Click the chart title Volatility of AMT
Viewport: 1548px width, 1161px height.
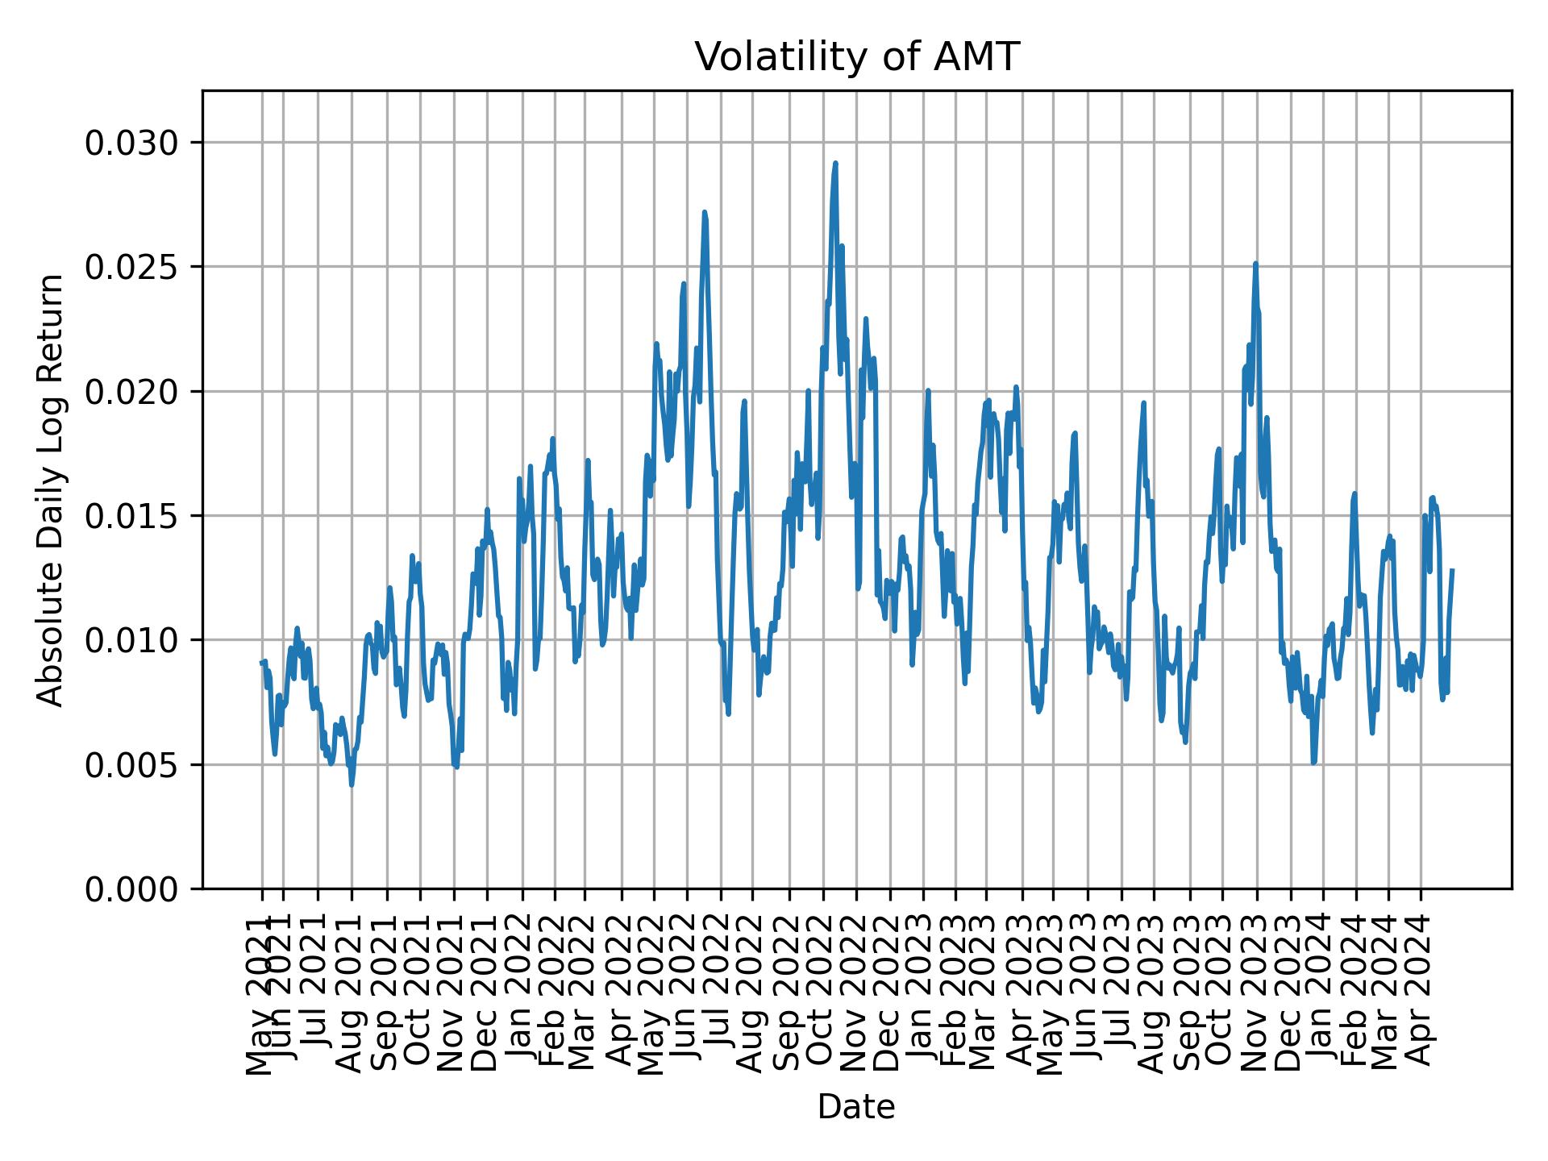tap(857, 57)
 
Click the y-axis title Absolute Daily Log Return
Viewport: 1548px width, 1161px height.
tap(52, 490)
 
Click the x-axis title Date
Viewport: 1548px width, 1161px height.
tap(856, 1107)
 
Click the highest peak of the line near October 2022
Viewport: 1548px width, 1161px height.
tap(835, 164)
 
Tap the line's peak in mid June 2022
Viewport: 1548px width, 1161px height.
tap(705, 213)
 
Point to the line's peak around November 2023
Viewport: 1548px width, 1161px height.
tap(1255, 264)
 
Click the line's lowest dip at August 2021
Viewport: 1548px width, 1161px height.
tap(352, 784)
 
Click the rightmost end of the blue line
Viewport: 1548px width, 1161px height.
tap(1452, 570)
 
